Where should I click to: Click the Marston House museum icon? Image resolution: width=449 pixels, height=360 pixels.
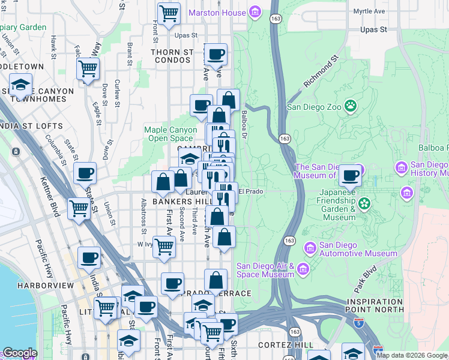click(x=255, y=12)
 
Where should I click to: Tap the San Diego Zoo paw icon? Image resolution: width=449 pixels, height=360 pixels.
click(x=351, y=107)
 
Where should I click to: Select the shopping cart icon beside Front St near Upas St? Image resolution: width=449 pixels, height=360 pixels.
click(x=169, y=13)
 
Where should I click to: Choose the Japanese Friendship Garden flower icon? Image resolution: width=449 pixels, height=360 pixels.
click(x=364, y=204)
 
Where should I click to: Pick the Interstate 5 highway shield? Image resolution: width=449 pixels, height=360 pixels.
click(x=378, y=349)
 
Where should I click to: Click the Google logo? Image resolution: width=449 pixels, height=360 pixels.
click(x=20, y=353)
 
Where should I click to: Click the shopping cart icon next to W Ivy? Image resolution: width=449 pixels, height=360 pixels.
click(x=164, y=246)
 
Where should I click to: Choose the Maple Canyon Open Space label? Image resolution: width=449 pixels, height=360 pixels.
click(x=170, y=134)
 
